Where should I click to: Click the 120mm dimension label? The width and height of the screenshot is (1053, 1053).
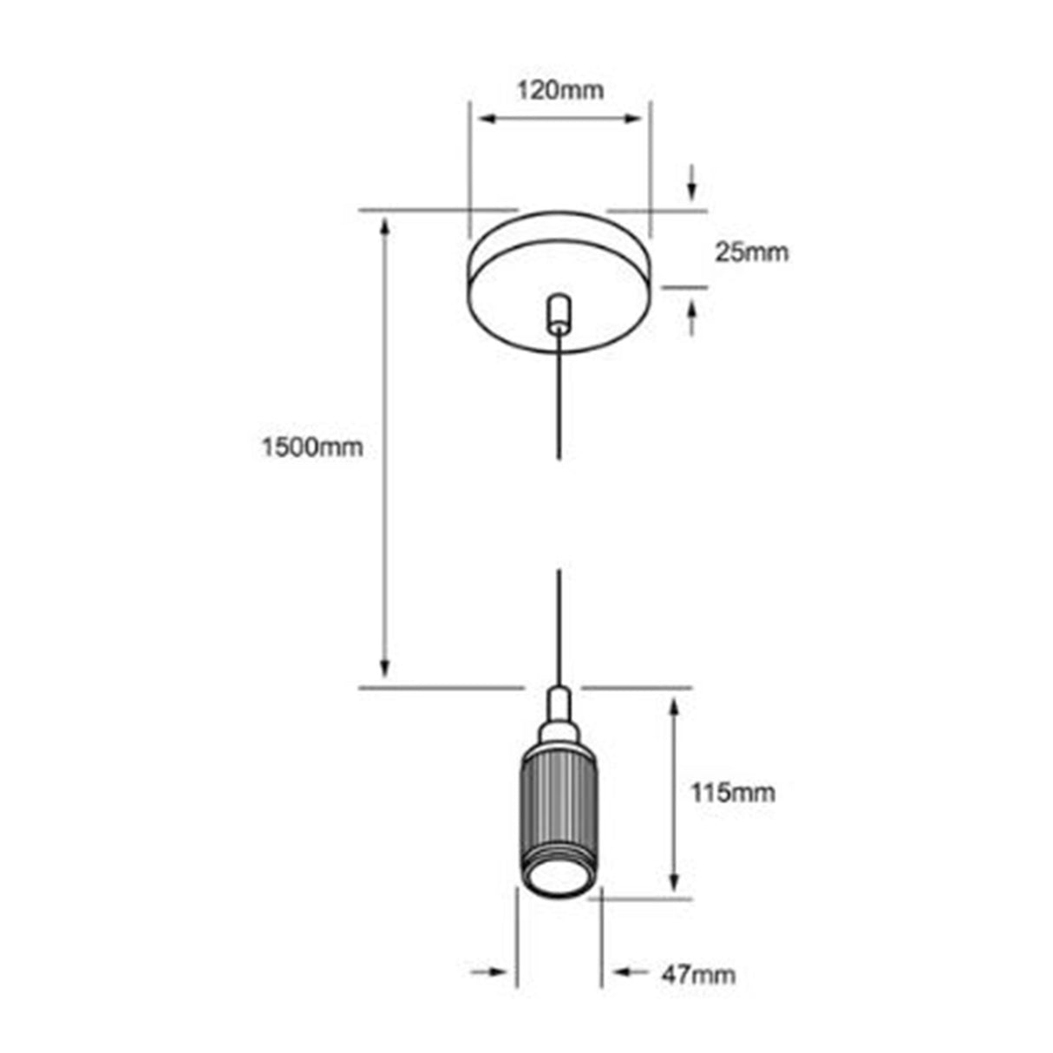point(559,89)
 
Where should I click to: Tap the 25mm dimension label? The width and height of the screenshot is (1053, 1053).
point(751,252)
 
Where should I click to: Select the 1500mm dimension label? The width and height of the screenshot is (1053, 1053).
point(312,448)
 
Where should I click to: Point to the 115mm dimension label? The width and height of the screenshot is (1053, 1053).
point(732,792)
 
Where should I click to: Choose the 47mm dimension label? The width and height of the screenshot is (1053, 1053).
point(699,974)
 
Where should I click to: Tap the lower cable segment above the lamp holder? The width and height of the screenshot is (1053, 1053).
point(559,625)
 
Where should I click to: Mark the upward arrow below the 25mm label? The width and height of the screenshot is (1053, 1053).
point(692,316)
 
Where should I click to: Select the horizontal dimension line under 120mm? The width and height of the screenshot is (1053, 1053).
point(559,118)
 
